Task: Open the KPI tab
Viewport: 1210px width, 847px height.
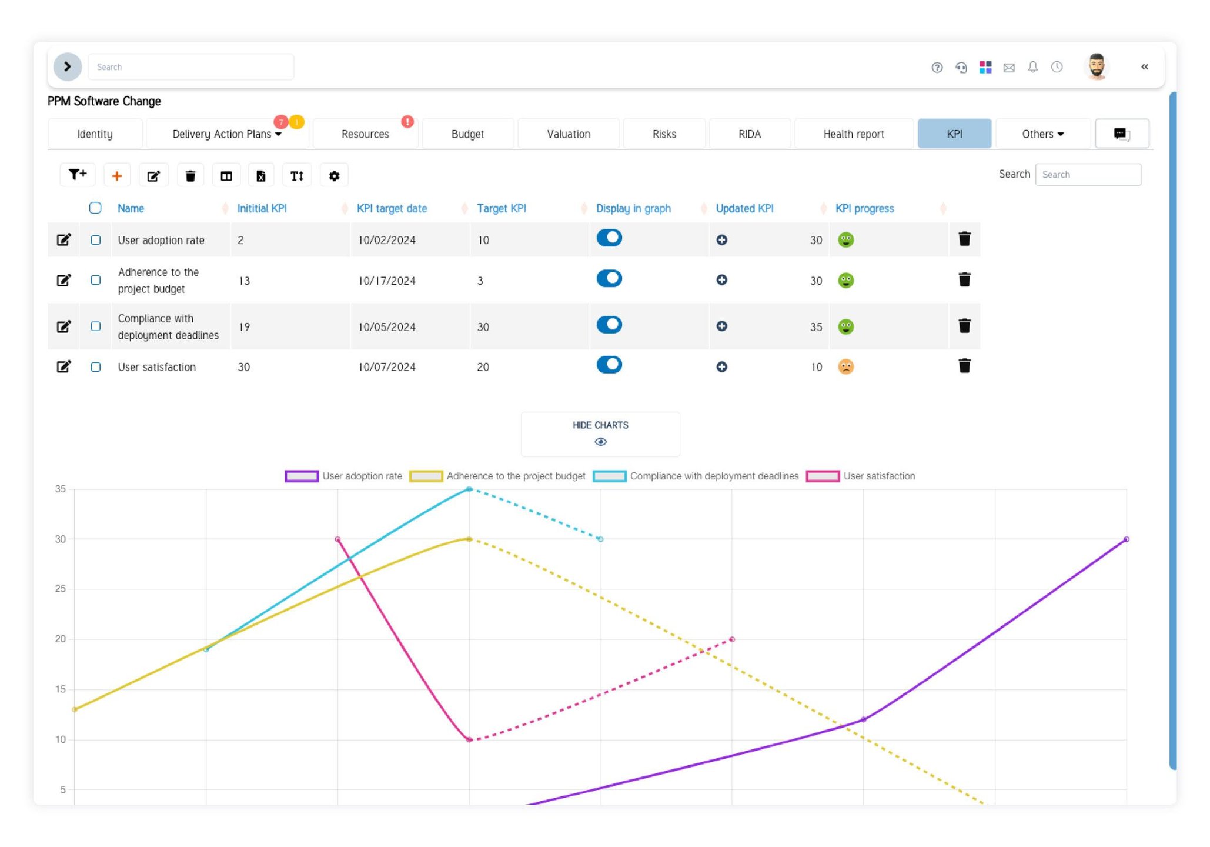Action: [954, 134]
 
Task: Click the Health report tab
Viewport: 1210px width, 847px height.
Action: [853, 134]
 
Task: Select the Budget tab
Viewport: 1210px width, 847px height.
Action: [467, 134]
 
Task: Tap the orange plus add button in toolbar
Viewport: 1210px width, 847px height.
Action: [117, 175]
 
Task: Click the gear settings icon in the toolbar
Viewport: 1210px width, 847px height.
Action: [334, 175]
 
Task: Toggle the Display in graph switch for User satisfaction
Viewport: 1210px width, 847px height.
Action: [609, 365]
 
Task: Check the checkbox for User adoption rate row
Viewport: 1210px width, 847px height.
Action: [96, 240]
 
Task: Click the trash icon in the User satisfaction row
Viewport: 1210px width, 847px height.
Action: [964, 366]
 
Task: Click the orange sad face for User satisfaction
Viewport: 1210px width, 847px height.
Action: [845, 366]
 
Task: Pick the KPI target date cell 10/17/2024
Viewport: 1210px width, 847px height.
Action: [387, 281]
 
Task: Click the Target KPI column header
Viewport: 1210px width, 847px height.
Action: [501, 208]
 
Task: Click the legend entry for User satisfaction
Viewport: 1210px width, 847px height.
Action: [861, 476]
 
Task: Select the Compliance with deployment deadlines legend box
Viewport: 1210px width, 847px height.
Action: [610, 476]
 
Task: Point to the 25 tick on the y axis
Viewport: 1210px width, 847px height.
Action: [60, 589]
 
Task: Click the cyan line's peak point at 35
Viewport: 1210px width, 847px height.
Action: [469, 489]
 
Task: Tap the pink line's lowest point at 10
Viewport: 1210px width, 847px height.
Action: [469, 739]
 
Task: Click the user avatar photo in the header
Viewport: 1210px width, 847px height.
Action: [1096, 66]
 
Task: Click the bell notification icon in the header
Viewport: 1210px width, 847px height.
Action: [1032, 67]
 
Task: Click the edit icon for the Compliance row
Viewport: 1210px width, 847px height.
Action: [63, 326]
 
